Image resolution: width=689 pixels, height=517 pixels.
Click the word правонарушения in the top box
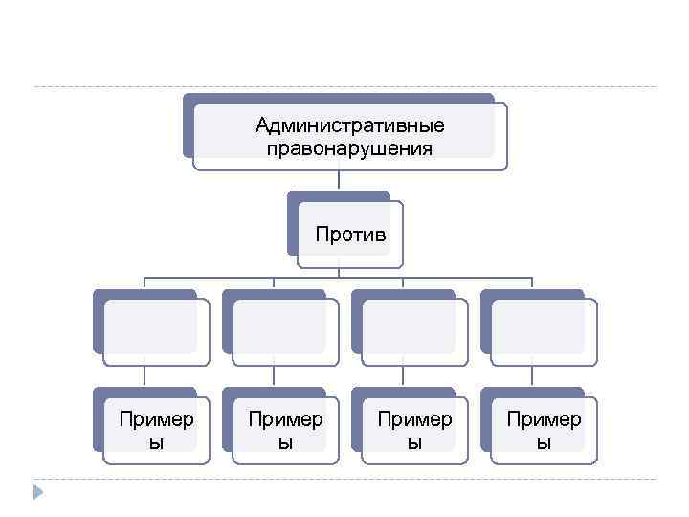(x=349, y=148)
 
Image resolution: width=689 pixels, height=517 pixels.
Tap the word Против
(x=351, y=234)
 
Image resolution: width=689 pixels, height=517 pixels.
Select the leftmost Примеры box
(x=156, y=430)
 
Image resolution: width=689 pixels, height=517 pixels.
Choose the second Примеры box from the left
(x=285, y=430)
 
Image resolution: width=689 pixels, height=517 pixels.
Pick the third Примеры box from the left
(x=414, y=430)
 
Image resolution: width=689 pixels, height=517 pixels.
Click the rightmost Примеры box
(x=544, y=430)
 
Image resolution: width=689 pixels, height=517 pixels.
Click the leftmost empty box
(x=156, y=332)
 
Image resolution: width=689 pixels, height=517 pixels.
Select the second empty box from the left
(x=285, y=332)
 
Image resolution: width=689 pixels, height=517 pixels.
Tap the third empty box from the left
(x=414, y=332)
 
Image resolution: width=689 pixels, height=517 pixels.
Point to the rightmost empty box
(x=544, y=332)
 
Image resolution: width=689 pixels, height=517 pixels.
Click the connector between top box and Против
(x=339, y=181)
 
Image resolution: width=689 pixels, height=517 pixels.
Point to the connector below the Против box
(x=339, y=272)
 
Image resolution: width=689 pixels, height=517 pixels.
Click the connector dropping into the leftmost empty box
(x=144, y=283)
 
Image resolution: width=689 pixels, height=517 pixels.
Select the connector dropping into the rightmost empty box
(x=531, y=283)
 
